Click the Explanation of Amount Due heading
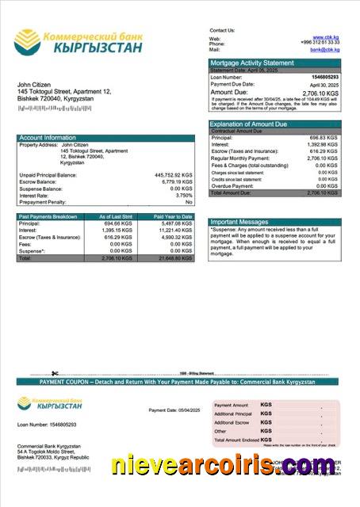coord(248,124)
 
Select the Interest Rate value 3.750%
coord(183,195)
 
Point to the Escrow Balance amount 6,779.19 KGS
coord(175,181)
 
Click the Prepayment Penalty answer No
coord(189,202)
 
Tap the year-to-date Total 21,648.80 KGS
coord(174,258)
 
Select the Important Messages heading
coord(240,222)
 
